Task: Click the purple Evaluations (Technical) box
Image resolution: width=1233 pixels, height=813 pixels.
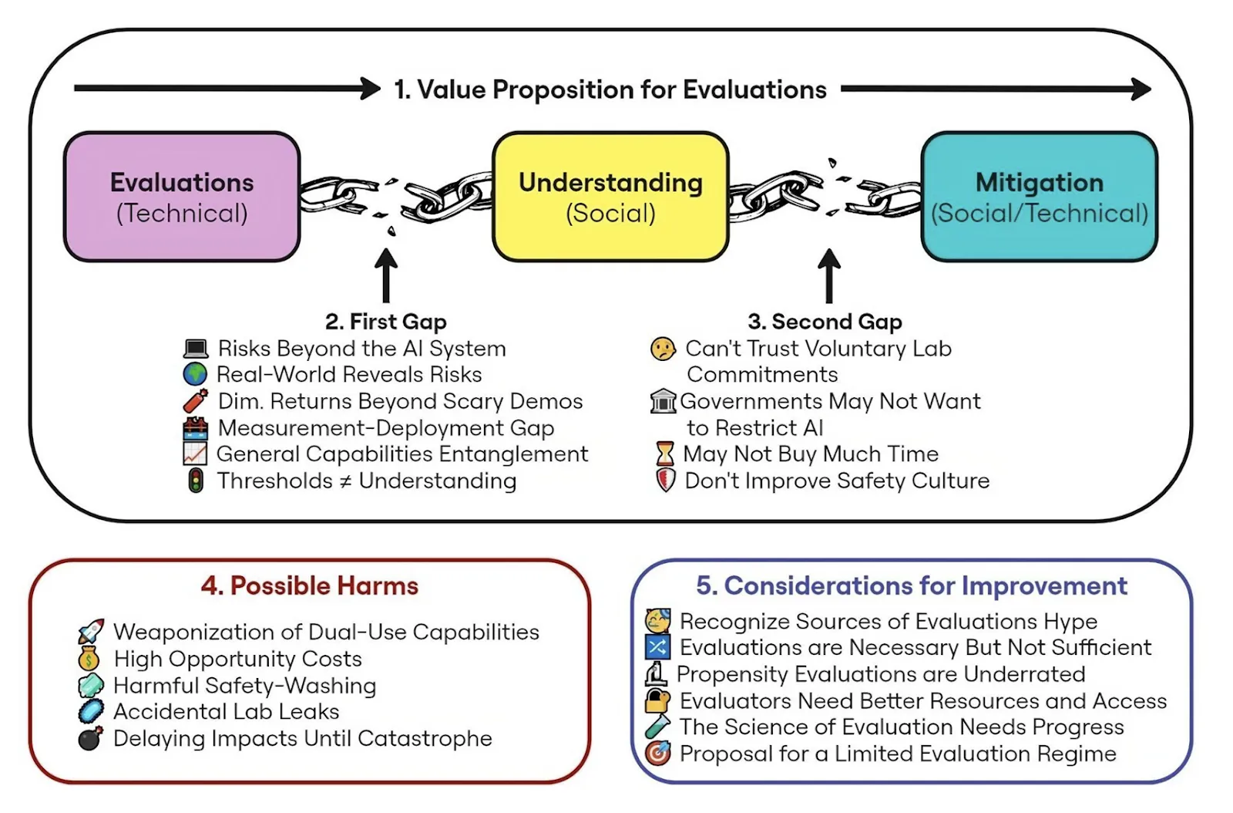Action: pos(182,197)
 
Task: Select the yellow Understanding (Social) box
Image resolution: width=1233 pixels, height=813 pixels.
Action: pos(610,197)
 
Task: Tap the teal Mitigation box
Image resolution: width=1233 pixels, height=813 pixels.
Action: pos(1039,197)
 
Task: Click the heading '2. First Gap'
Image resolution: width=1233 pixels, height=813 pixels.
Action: pos(385,322)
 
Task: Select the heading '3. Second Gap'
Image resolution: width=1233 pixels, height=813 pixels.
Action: pos(825,322)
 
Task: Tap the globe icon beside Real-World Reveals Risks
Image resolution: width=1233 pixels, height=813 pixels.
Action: pos(195,374)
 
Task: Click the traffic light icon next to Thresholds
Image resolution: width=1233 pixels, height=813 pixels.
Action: pos(196,481)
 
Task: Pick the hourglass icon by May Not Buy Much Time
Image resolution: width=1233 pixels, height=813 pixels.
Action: pos(664,454)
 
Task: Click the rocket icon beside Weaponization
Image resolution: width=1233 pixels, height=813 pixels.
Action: pos(91,632)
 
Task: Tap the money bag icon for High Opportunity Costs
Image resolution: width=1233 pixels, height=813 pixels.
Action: pos(89,659)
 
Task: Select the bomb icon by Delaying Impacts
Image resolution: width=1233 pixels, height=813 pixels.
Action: pos(90,738)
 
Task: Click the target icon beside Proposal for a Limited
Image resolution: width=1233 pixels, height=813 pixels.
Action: pos(657,753)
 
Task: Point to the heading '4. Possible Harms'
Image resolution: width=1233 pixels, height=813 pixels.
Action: pos(310,586)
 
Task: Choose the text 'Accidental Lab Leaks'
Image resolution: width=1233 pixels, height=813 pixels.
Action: pos(226,711)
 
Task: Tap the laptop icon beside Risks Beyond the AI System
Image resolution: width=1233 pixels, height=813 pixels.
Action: pos(196,349)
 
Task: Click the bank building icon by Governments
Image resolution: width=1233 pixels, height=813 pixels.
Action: pos(663,401)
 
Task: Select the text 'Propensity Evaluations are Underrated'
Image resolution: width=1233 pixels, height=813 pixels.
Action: pos(881,674)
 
